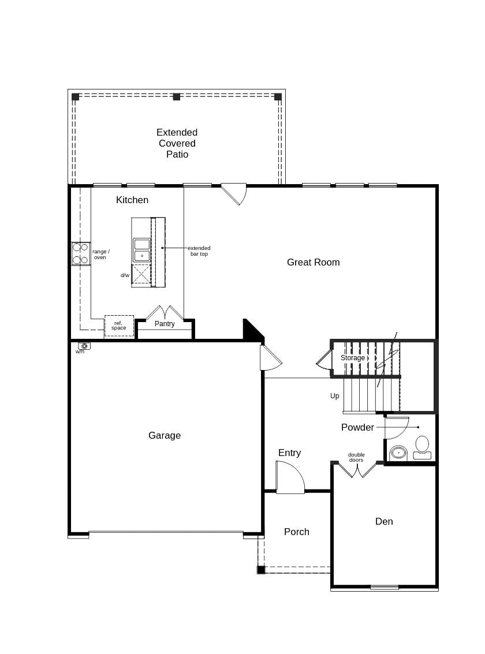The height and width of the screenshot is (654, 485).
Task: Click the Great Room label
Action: (313, 262)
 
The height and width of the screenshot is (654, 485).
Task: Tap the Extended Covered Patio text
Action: (177, 143)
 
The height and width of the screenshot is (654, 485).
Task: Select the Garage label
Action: (165, 435)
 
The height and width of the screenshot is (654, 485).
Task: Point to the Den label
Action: (384, 521)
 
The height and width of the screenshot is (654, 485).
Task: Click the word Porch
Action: (296, 532)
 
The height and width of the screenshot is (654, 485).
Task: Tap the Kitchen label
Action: (132, 200)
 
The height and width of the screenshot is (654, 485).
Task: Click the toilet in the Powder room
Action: (422, 447)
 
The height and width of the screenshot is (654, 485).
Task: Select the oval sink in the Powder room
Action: (398, 453)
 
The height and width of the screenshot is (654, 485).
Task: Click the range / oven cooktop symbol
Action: (80, 253)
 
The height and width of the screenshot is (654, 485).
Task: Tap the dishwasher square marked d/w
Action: (141, 274)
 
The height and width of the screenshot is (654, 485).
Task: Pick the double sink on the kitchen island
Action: (142, 250)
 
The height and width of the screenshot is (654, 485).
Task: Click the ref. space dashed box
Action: (119, 326)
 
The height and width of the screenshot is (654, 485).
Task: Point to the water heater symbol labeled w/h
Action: (84, 346)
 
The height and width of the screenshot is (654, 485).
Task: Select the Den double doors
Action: (357, 470)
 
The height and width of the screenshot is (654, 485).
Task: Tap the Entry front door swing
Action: (290, 478)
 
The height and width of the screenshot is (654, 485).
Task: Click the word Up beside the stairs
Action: (334, 396)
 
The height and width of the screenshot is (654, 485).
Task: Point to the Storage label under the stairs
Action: (352, 358)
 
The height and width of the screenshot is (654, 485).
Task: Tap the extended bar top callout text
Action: (199, 251)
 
